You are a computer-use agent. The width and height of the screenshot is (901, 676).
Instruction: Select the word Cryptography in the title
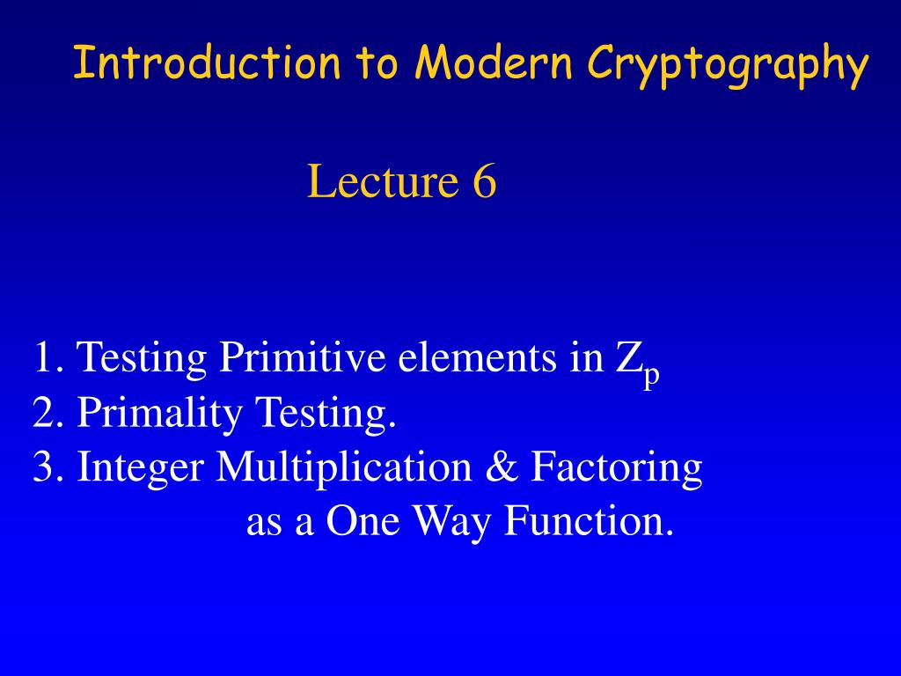tap(728, 65)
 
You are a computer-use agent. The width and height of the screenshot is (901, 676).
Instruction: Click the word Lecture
tap(383, 181)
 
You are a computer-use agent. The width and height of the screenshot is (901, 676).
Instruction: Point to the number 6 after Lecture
tap(485, 181)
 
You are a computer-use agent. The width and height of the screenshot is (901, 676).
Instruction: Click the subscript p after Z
tap(650, 376)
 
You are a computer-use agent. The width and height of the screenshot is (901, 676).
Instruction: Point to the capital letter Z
tap(628, 357)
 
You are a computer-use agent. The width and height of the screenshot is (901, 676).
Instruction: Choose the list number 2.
tap(49, 412)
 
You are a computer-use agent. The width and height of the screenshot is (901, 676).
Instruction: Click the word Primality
tap(159, 414)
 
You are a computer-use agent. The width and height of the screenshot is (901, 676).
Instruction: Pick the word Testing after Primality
tap(326, 414)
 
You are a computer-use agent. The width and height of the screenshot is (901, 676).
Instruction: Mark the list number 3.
tap(49, 467)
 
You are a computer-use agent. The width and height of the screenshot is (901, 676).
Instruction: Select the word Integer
tap(140, 468)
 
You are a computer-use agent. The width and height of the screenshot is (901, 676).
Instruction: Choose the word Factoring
tap(617, 468)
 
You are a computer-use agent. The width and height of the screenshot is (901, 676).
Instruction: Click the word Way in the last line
tap(451, 523)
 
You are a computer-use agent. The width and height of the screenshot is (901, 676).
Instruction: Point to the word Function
tap(589, 520)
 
